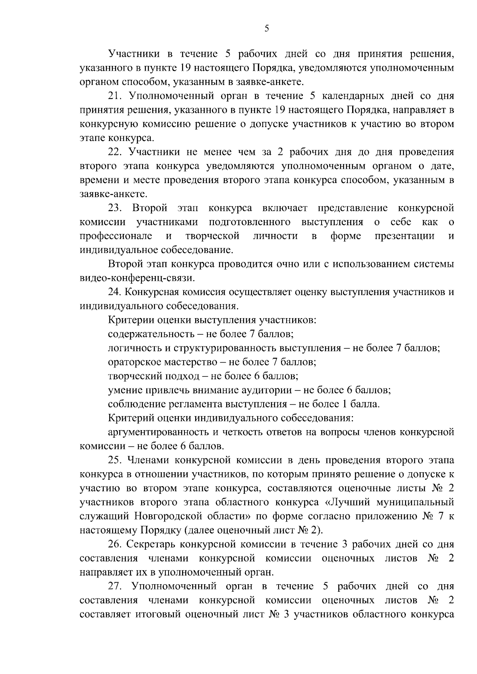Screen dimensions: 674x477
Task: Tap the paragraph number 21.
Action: [x=115, y=96]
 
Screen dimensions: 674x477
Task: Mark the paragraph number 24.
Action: [x=115, y=292]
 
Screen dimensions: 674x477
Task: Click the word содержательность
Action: [x=151, y=334]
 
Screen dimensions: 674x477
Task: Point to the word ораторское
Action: [x=135, y=362]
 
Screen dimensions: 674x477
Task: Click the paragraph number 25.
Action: [x=115, y=460]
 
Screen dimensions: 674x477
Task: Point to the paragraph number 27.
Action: [x=115, y=586]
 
